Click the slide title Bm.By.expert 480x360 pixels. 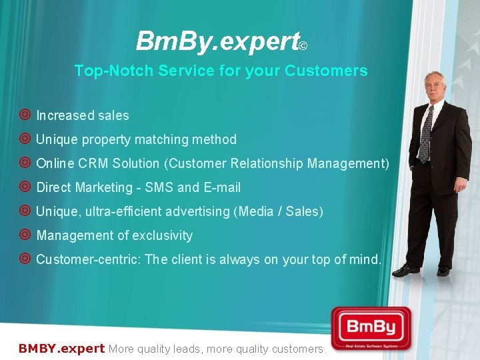click(217, 41)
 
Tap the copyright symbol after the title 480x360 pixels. click(303, 46)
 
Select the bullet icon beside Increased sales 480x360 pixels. click(25, 115)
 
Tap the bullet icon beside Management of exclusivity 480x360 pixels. click(25, 235)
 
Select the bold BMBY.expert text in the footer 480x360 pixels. click(61, 348)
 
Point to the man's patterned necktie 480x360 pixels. click(425, 134)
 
